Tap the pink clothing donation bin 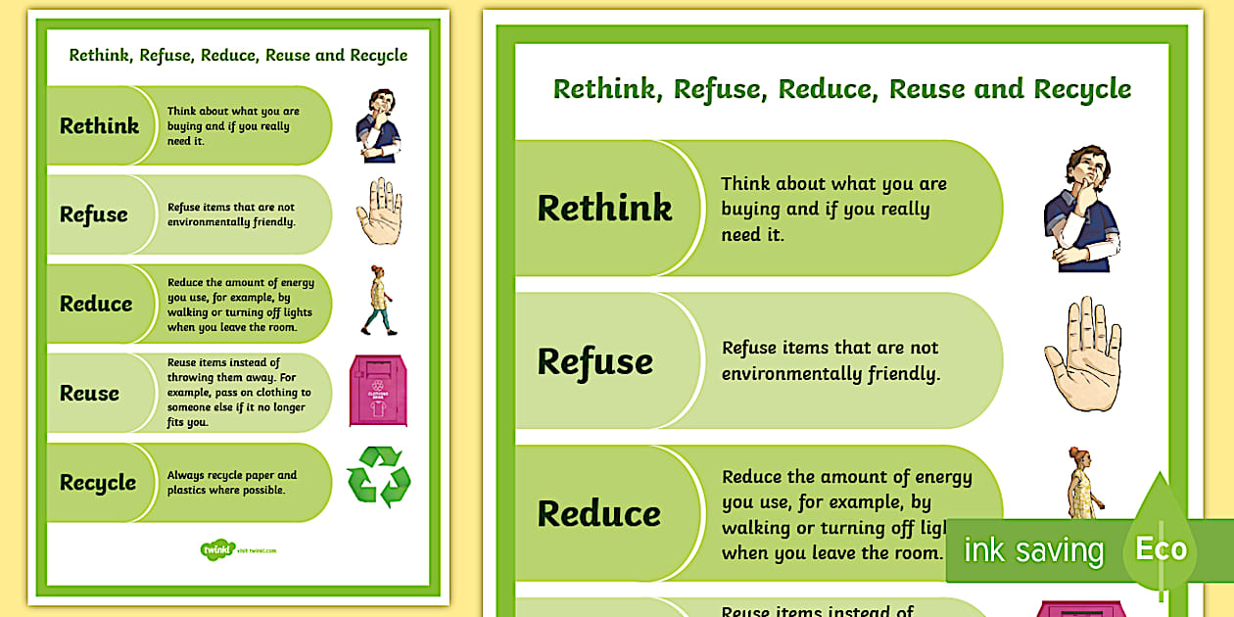(x=377, y=390)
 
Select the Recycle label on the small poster (x=98, y=483)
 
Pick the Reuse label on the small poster (x=89, y=393)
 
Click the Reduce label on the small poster (x=96, y=304)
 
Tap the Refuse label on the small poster (x=94, y=214)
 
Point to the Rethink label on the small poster (x=99, y=125)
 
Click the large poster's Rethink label (x=604, y=208)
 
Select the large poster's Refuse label (x=594, y=361)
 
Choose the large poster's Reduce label (x=598, y=513)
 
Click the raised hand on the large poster (x=1082, y=354)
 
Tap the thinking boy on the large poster (x=1080, y=209)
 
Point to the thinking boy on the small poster (x=378, y=125)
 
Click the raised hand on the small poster (x=379, y=212)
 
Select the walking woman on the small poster (x=376, y=300)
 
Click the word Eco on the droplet (x=1161, y=549)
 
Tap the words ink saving (x=1033, y=550)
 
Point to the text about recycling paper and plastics (x=232, y=482)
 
